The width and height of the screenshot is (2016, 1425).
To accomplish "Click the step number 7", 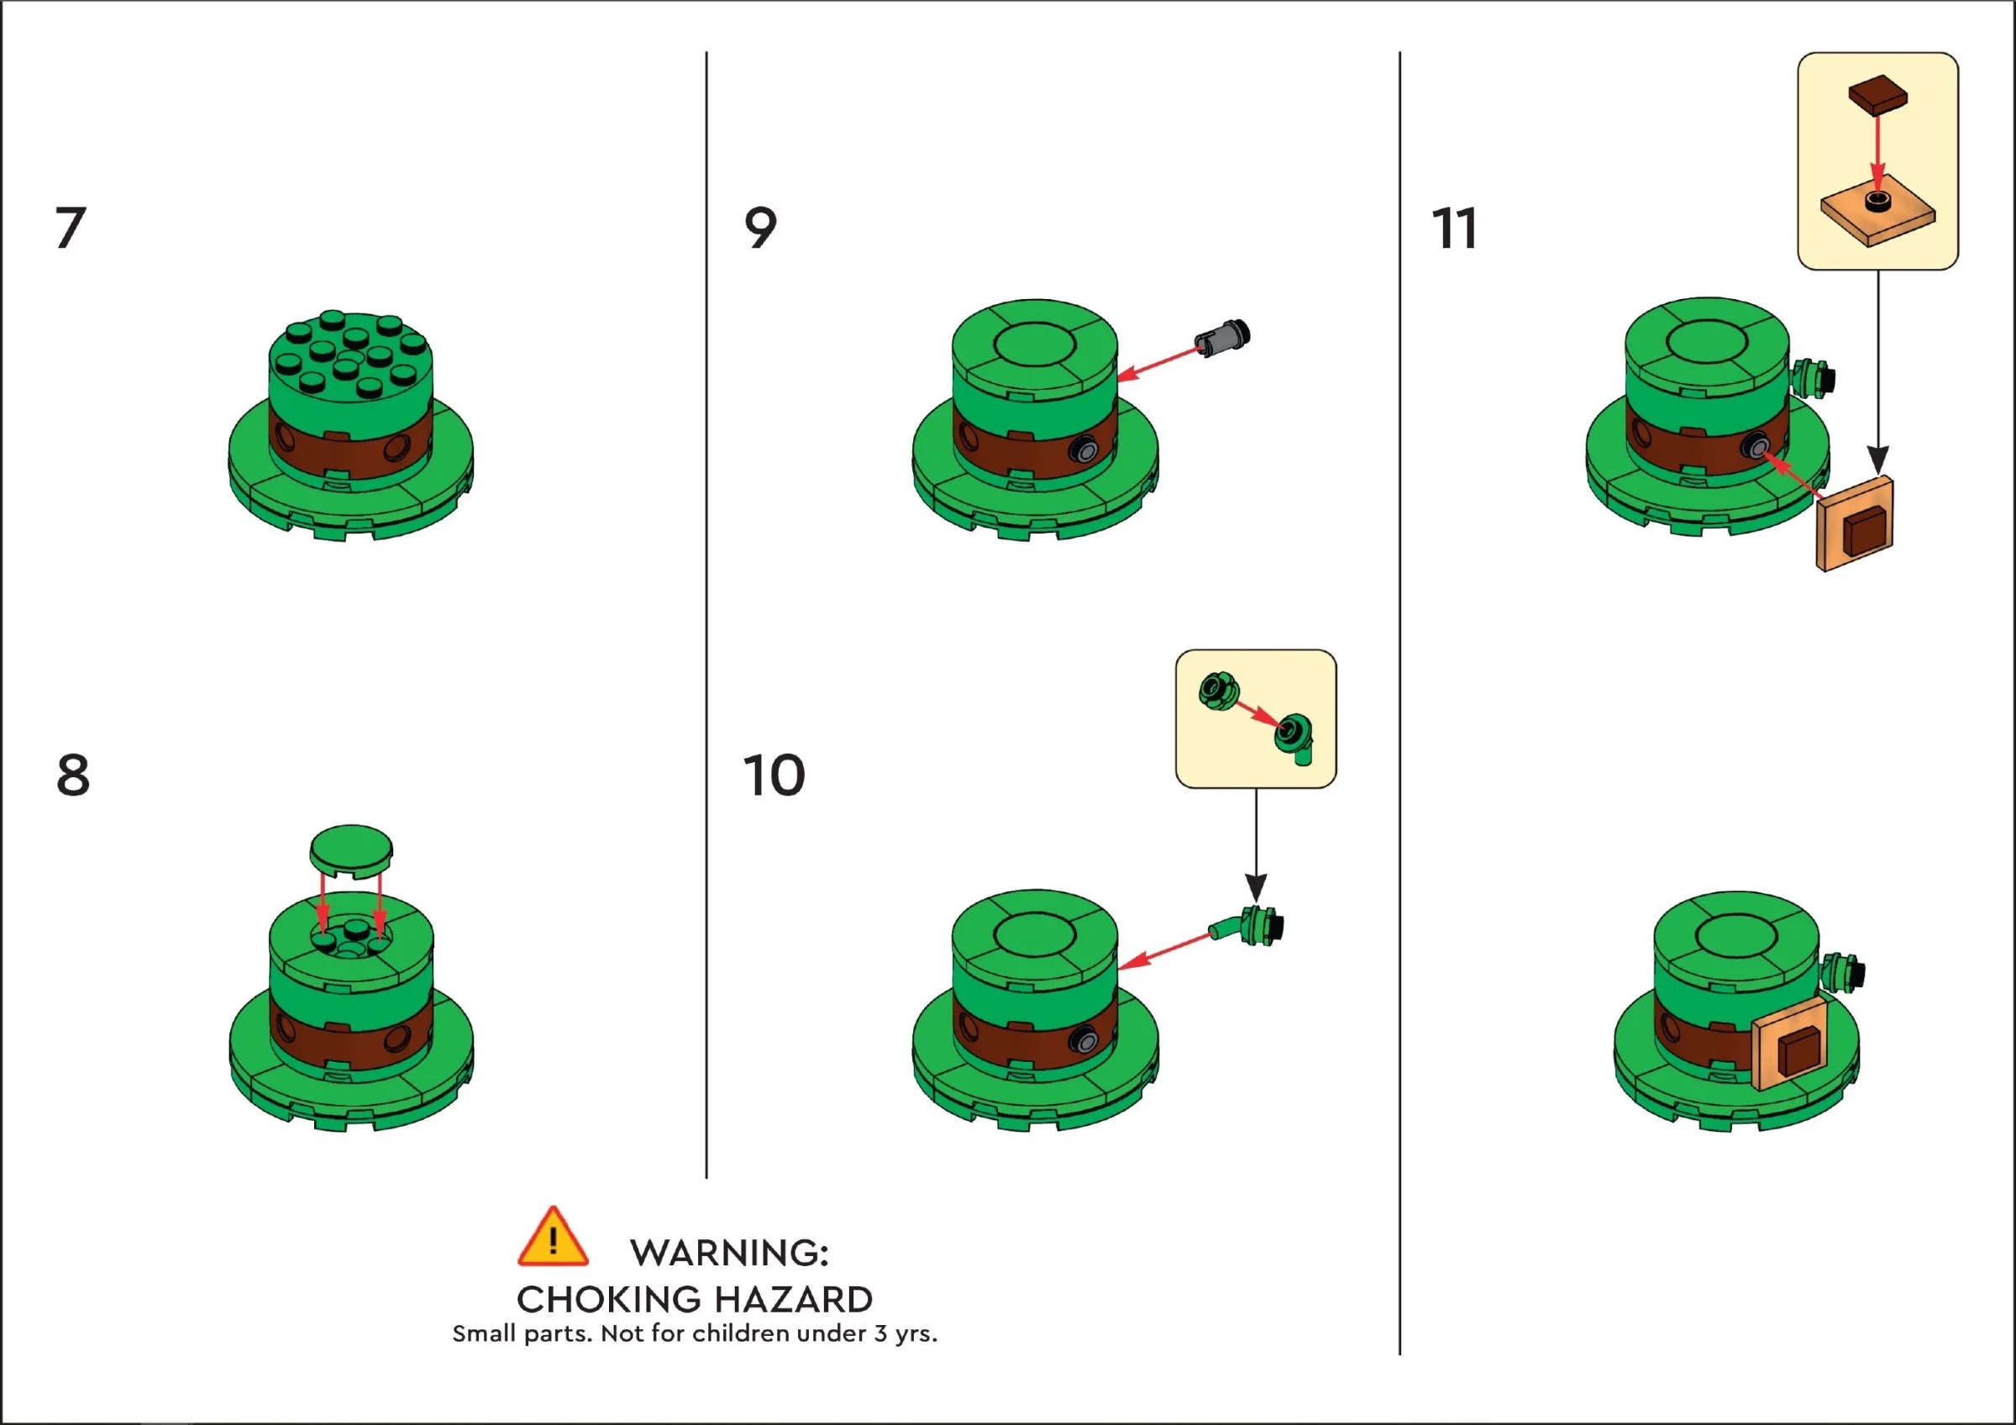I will tap(71, 229).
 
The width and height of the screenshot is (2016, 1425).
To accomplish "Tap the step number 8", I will tap(73, 776).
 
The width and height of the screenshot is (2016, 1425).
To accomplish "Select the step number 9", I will tap(760, 229).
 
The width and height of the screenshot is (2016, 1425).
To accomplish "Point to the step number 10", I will tap(774, 776).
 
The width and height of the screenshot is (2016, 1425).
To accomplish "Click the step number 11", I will tap(1454, 229).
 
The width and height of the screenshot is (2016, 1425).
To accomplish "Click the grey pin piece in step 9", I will tap(1222, 339).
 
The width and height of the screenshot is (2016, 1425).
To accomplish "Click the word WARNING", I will tap(728, 1253).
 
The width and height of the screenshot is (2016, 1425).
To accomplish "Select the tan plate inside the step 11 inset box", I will tap(1877, 215).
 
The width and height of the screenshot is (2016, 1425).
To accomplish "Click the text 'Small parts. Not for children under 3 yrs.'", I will tap(695, 1333).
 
